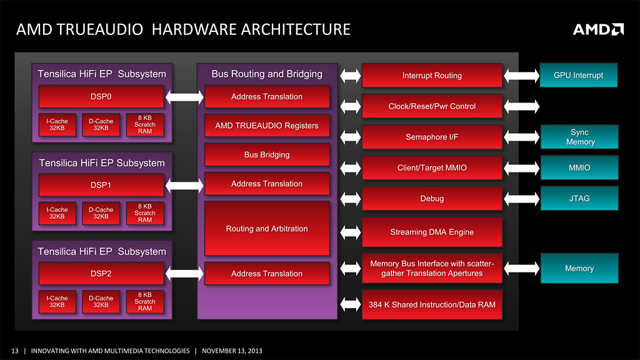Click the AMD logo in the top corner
tap(598, 29)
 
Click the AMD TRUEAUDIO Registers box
tap(267, 126)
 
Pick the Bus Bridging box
tap(267, 154)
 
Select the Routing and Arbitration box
tap(267, 229)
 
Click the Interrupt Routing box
tap(432, 76)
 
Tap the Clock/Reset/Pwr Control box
tap(432, 106)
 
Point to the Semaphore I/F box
tap(432, 137)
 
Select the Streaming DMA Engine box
tap(432, 232)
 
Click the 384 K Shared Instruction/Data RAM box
tap(432, 304)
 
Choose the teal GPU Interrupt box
tap(579, 76)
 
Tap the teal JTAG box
tap(579, 199)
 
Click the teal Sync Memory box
tap(579, 137)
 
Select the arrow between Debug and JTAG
tap(521, 199)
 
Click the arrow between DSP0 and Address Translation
tap(184, 97)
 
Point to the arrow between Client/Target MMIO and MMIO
tap(521, 167)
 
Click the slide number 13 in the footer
tap(15, 351)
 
